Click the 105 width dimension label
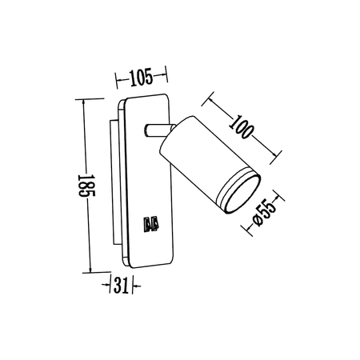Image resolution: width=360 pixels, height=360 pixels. pyautogui.click(x=142, y=78)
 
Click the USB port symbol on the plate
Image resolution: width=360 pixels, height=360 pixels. pyautogui.click(x=150, y=226)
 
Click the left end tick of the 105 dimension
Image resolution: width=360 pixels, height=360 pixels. pyautogui.click(x=118, y=78)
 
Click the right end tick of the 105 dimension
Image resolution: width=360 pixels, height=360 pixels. pyautogui.click(x=167, y=78)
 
